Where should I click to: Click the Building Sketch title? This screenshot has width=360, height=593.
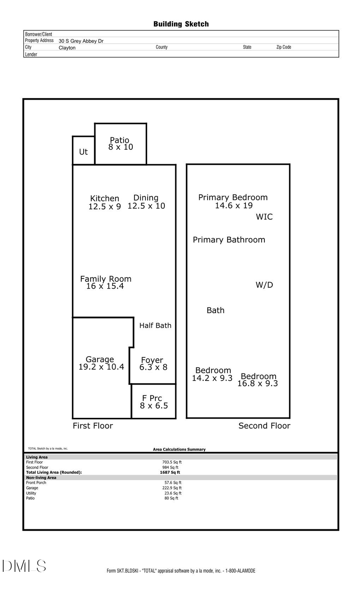point(181,24)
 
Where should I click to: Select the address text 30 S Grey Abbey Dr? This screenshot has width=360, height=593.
point(81,41)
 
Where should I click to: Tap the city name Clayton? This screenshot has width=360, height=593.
point(67,48)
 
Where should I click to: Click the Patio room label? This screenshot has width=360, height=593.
point(120,140)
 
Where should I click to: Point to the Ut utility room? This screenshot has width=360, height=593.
point(83,152)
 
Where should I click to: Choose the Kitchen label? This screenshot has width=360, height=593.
point(104,198)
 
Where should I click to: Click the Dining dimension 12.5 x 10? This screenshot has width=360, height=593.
point(146,206)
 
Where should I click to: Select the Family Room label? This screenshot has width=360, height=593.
point(106,279)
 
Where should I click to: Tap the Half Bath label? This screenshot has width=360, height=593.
point(155,325)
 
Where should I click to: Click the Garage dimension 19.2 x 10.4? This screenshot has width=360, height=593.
point(101,367)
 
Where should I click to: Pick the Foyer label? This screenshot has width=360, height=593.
point(152,360)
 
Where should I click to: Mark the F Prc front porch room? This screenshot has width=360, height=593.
point(154,402)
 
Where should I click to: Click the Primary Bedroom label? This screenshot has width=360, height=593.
point(233,197)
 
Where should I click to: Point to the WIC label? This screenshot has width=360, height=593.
point(264,217)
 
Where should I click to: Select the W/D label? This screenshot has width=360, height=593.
point(264,285)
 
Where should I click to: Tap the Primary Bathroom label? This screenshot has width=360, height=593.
point(229,240)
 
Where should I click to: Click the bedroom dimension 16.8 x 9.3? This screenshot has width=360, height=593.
point(258,384)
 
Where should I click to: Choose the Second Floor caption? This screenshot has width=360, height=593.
point(264,426)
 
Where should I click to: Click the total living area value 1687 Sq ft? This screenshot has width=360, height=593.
point(170,472)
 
